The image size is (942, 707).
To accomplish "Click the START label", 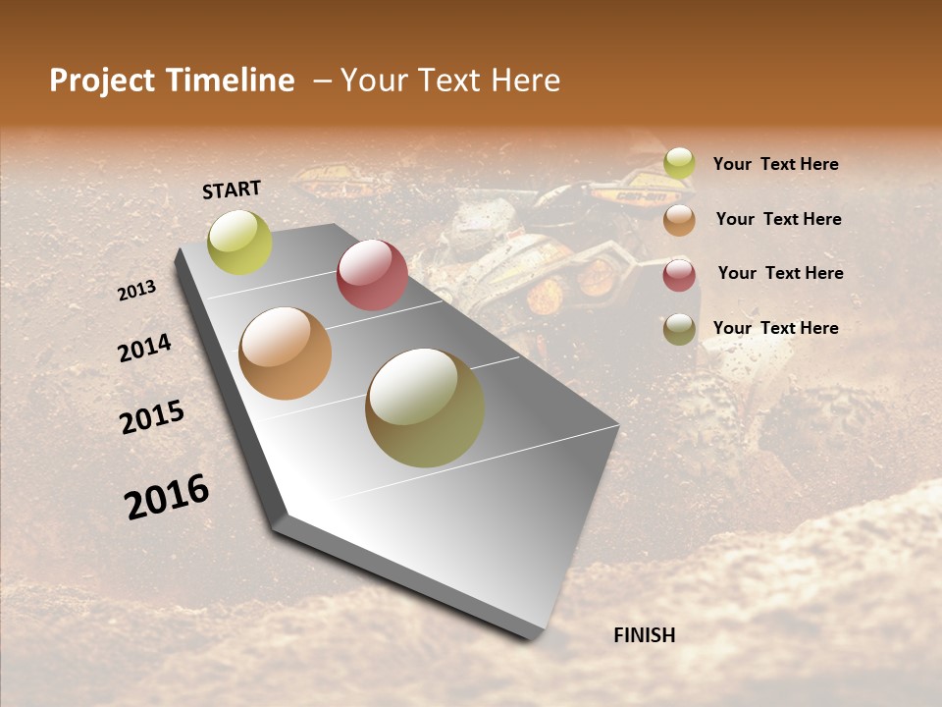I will coord(232,190).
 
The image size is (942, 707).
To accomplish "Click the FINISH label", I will coord(644,635).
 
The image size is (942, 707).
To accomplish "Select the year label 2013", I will coord(137,291).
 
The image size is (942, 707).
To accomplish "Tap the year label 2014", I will coord(144,349).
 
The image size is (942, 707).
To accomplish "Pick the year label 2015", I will coord(152,417).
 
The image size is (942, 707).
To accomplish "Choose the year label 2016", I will coord(167,497).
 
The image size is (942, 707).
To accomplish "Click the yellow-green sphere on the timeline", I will coord(239,243).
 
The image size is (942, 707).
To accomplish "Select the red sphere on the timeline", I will coord(372,275).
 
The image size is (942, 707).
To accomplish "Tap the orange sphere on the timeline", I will coord(286,353).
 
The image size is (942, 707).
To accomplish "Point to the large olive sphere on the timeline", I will coord(425,408).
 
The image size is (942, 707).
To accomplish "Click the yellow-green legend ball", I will coord(679,163).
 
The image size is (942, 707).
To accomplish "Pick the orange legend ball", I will coord(679,220).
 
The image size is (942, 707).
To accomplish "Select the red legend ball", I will coord(679,275).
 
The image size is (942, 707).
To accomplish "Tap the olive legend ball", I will coord(679,329).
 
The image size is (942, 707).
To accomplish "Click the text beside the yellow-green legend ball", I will coord(775,164).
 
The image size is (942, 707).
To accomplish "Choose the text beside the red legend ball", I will coord(780,273).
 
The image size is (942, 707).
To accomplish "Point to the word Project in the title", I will coord(102,81).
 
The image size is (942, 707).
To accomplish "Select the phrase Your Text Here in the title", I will coord(450,81).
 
